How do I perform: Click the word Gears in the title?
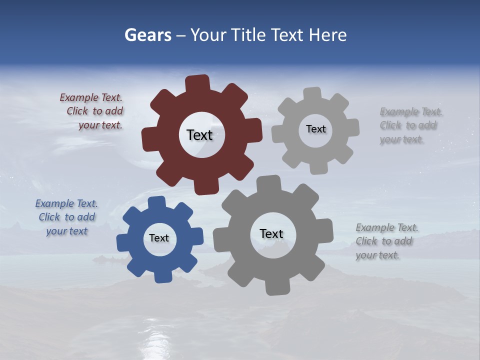[x=147, y=35]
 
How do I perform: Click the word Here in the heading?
[x=327, y=35]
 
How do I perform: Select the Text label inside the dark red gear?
[x=199, y=135]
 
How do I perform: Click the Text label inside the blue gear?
[x=159, y=238]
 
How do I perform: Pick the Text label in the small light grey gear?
[x=315, y=129]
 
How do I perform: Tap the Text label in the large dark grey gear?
[x=271, y=233]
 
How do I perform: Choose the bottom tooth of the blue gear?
[x=162, y=276]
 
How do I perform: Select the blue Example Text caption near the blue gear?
[x=67, y=217]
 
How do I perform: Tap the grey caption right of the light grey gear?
[x=410, y=125]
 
